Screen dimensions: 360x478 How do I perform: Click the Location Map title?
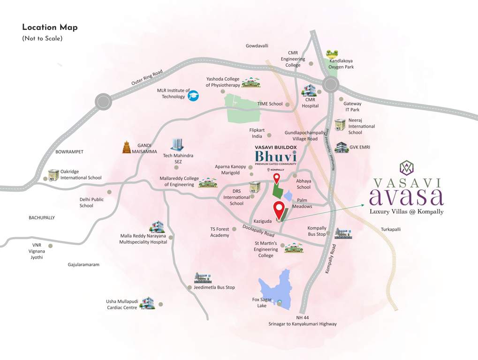pos(50,27)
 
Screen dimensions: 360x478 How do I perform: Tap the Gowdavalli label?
pos(257,46)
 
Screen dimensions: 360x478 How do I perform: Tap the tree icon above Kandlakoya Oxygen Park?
pos(333,53)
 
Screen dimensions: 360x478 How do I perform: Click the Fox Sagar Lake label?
pos(259,302)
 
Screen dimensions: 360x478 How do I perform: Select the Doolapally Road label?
pos(258,230)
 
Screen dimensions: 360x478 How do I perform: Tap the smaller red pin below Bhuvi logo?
pos(277,178)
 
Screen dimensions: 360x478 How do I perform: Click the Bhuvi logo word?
pos(276,157)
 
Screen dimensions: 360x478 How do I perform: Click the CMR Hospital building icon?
pos(309,90)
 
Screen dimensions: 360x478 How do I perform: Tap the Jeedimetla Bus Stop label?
pos(213,287)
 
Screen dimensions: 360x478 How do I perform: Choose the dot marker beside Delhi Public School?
pos(109,192)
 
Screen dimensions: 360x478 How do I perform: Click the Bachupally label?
pos(42,217)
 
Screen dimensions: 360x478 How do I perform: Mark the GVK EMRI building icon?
pos(341,147)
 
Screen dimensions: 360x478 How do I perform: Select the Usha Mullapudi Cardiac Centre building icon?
pos(148,303)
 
